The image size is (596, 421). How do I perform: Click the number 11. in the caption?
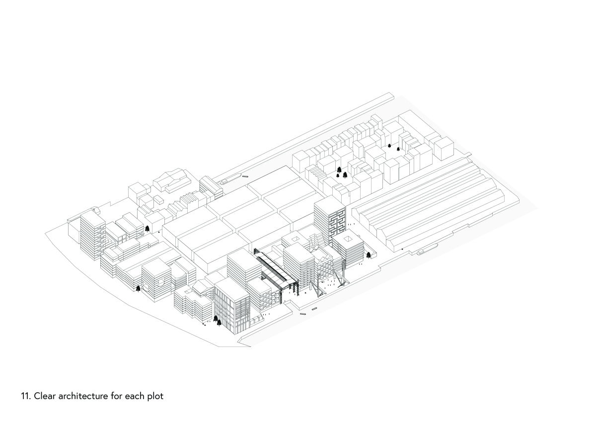click(26, 396)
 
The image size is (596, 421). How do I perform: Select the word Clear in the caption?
click(45, 396)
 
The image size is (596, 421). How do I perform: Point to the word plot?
click(155, 396)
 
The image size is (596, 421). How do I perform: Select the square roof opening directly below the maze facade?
click(347, 239)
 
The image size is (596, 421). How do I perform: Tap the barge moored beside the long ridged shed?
click(426, 251)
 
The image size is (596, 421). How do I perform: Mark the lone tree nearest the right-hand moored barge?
click(368, 255)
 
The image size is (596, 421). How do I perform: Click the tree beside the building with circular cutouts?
click(138, 289)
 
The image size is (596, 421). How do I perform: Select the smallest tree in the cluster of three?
click(338, 175)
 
